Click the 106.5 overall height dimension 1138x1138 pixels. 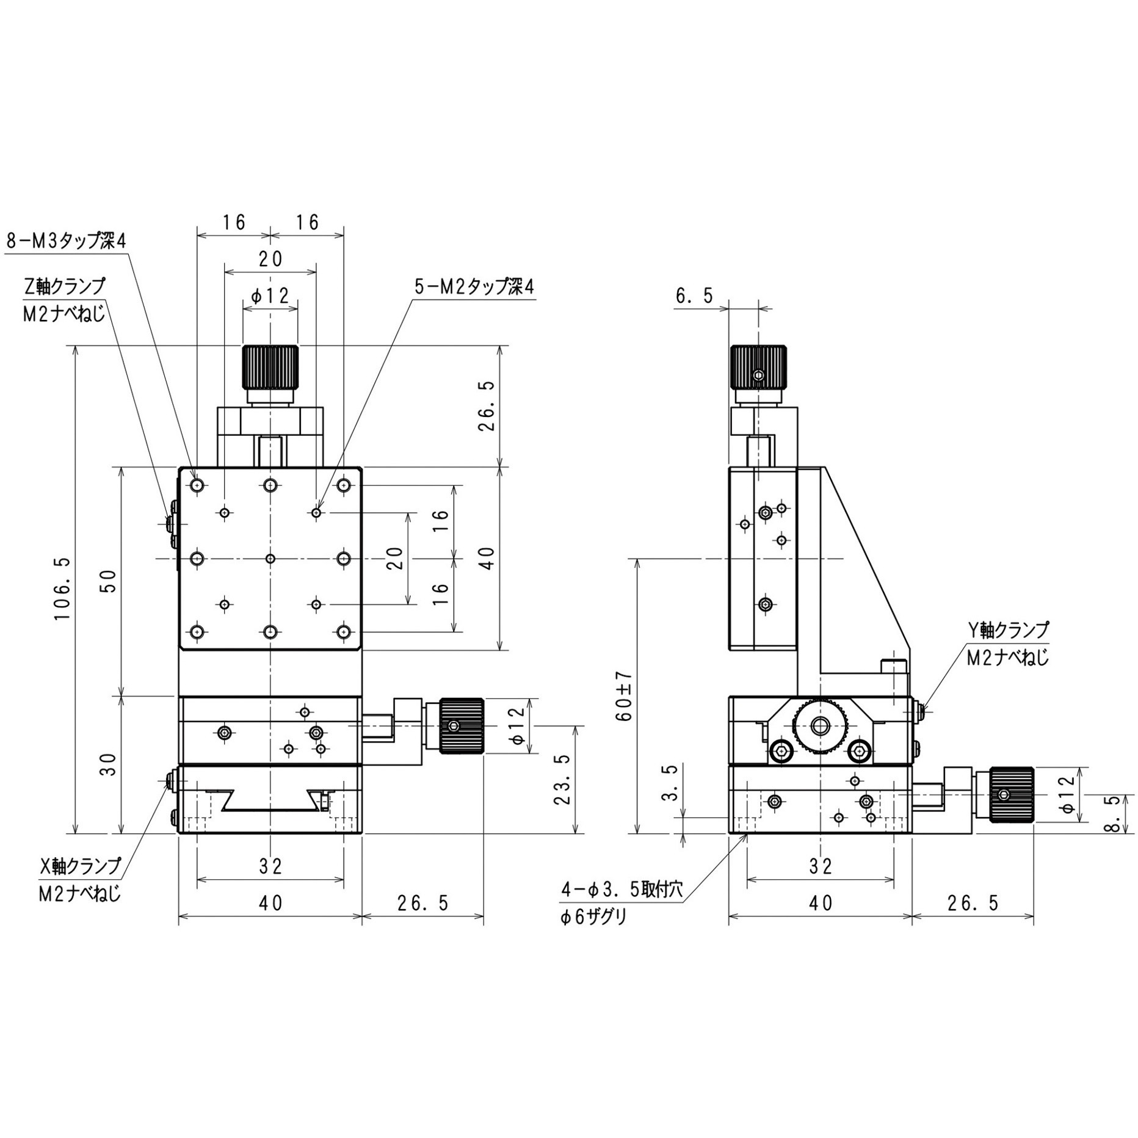click(63, 588)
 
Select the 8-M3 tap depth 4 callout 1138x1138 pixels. click(66, 241)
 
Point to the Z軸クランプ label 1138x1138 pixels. click(63, 286)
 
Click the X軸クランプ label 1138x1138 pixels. click(80, 865)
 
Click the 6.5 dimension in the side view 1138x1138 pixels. click(694, 296)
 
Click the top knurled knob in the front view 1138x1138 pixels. click(270, 367)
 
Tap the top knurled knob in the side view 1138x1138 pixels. click(758, 367)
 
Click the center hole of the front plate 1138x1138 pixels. click(270, 559)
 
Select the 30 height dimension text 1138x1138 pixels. click(109, 764)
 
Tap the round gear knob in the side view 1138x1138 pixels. click(819, 726)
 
